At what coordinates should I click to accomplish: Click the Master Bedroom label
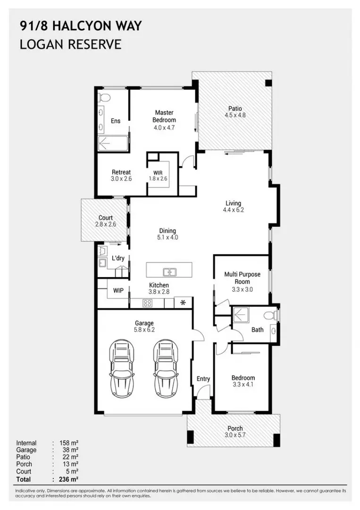click(164, 116)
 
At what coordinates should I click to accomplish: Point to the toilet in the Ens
click(104, 99)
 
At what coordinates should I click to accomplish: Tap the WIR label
click(158, 172)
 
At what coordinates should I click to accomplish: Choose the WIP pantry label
click(118, 290)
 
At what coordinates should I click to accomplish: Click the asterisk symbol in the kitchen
click(183, 302)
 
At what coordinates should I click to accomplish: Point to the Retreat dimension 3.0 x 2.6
click(121, 179)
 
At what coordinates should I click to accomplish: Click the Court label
click(105, 218)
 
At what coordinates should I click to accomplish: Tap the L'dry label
click(118, 258)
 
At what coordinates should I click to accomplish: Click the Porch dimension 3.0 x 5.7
click(234, 435)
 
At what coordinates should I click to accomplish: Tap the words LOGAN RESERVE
click(70, 44)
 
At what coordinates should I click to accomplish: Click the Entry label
click(203, 379)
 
